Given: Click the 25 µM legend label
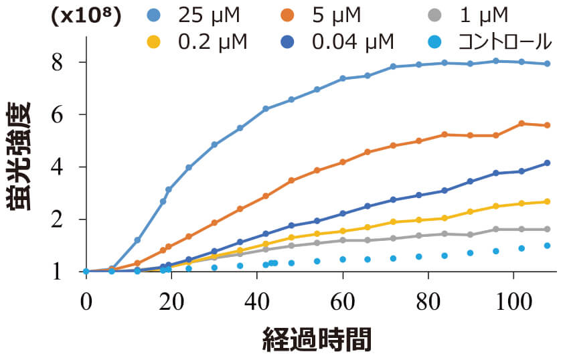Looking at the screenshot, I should (211, 14).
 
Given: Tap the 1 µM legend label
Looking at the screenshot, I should (484, 14).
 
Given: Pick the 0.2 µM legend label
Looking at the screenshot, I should (212, 41).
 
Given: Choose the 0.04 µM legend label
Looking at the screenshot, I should (352, 41).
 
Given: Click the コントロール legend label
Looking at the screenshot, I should (505, 41).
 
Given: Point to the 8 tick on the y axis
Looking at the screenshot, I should (58, 62).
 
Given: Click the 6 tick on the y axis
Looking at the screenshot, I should (58, 114).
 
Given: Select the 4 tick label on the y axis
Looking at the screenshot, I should (58, 167).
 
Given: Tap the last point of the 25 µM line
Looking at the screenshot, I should (547, 64).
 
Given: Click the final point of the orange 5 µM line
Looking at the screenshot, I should (547, 125).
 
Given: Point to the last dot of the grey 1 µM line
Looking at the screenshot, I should (547, 229).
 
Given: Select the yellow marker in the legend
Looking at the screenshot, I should (155, 42).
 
